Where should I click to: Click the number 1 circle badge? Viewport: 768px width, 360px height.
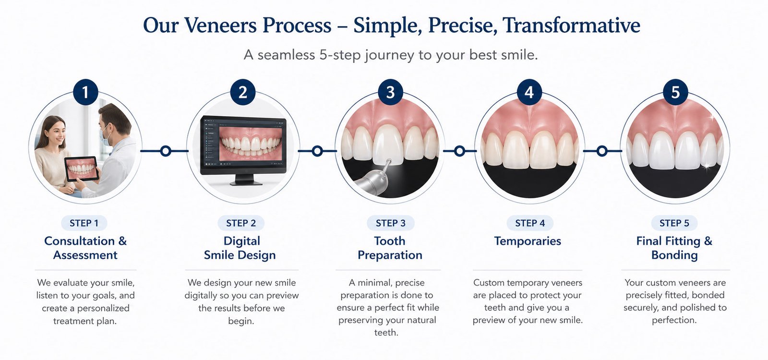85,92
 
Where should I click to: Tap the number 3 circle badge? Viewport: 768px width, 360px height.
390,92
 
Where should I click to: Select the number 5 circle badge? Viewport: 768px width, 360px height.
675,92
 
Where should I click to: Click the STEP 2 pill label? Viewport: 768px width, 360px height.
241,223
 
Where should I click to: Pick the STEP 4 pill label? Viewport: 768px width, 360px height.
530,223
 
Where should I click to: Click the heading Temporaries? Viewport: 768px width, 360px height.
528,241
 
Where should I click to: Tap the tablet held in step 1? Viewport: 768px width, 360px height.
81,169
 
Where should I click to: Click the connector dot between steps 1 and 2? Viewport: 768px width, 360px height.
165,151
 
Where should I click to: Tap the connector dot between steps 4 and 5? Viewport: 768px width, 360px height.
602,151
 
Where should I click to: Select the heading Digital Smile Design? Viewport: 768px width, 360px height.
240,248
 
